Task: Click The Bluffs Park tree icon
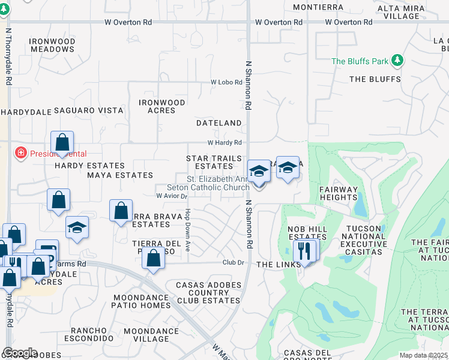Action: point(396,61)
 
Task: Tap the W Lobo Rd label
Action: point(226,82)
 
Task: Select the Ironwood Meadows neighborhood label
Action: point(52,46)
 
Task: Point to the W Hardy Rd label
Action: point(224,143)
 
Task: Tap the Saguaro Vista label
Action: point(89,110)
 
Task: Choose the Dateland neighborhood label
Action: point(219,123)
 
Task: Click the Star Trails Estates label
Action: point(214,162)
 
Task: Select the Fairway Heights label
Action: point(338,193)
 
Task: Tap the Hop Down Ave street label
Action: point(188,230)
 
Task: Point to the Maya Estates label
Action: point(120,175)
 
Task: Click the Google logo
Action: point(20,353)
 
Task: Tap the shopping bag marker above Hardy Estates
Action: point(62,143)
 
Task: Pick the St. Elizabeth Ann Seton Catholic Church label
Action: point(217,183)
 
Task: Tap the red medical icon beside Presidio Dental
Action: point(21,152)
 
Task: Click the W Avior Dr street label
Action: point(172,196)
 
